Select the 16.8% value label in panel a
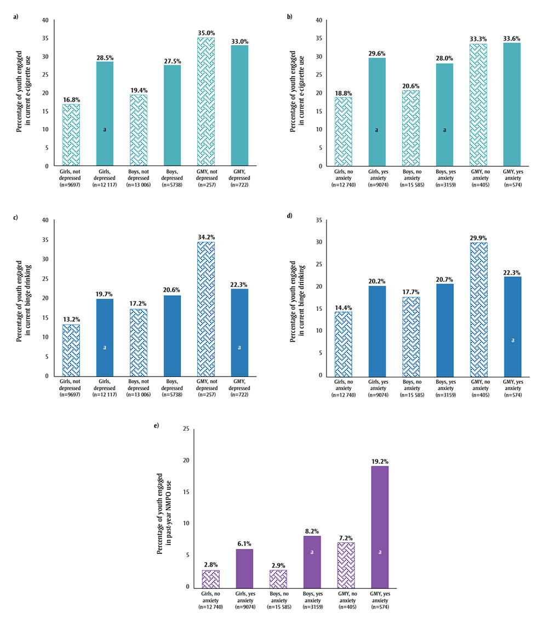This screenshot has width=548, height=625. (71, 100)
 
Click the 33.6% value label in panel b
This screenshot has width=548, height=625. (512, 38)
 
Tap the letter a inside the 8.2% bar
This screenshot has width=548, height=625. (311, 552)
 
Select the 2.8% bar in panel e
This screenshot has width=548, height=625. (210, 578)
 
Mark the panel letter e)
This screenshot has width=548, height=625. (156, 425)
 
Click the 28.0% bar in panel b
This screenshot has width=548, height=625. (444, 114)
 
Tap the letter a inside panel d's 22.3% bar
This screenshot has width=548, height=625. (513, 340)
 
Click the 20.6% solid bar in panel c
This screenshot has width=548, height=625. (172, 335)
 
